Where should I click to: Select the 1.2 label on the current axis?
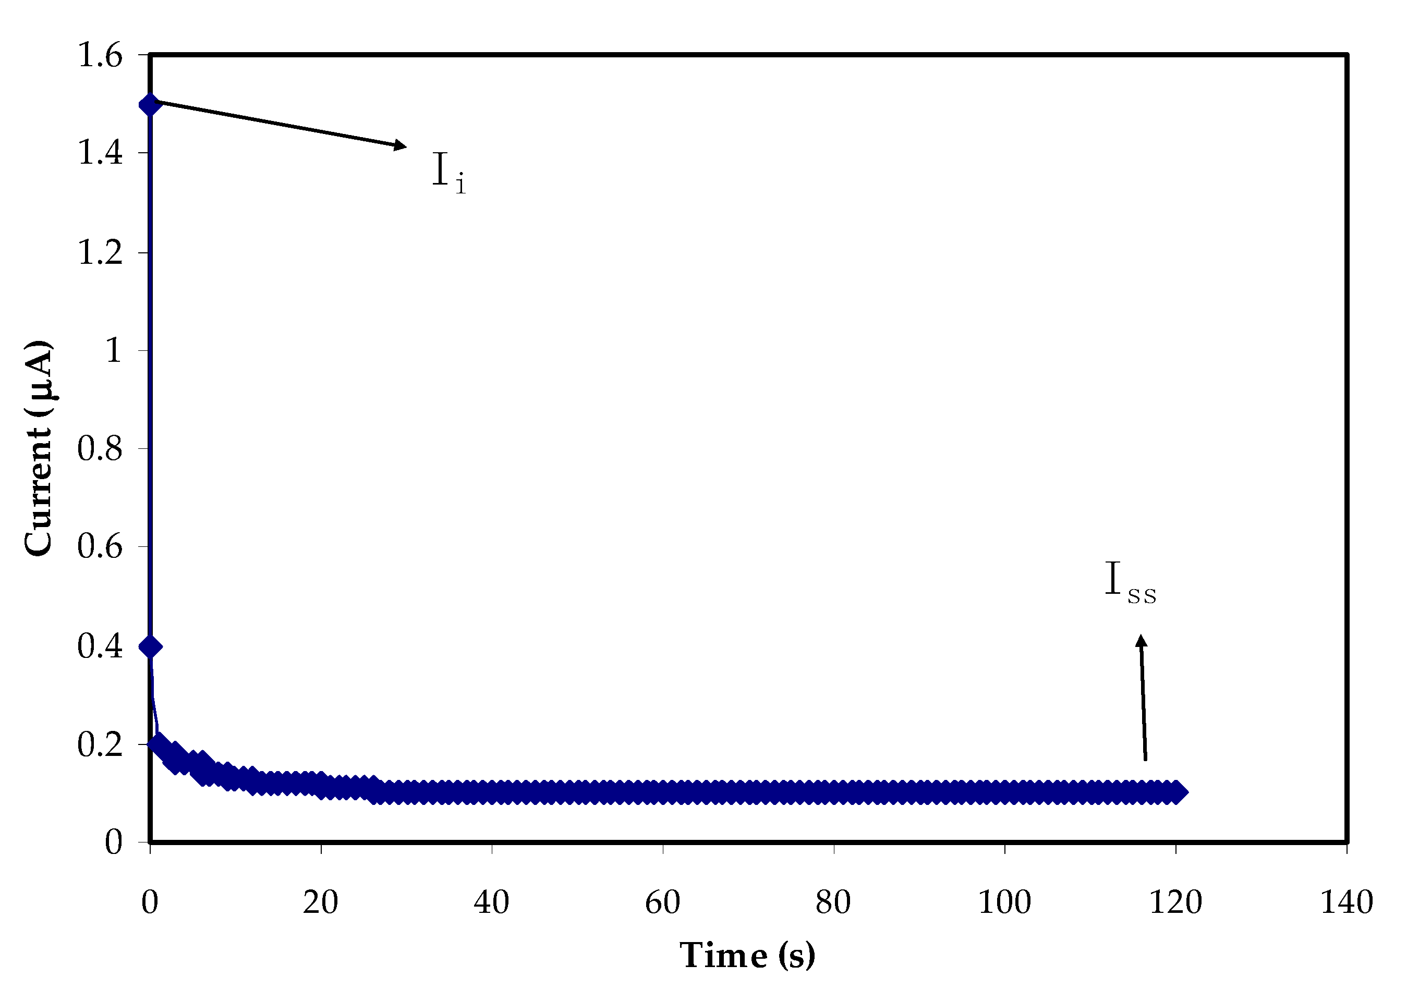click(x=100, y=252)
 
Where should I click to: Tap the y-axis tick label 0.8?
click(x=100, y=448)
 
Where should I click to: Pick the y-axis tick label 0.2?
click(x=100, y=744)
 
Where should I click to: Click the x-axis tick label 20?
click(x=320, y=902)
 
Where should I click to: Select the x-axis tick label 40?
click(x=491, y=902)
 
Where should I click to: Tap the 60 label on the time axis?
click(x=662, y=902)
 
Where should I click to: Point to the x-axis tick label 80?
click(x=833, y=902)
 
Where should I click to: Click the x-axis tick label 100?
click(x=1004, y=902)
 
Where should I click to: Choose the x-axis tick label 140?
click(x=1346, y=902)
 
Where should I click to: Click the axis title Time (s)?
click(x=747, y=956)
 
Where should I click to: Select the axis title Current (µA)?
click(x=38, y=448)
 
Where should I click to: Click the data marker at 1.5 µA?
click(x=150, y=104)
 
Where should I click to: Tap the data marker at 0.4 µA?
click(x=151, y=646)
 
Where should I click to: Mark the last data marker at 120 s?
click(x=1176, y=791)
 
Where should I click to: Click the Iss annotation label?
click(x=1130, y=581)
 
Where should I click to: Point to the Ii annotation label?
click(x=448, y=172)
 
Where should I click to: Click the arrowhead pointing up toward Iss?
click(x=1142, y=642)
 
